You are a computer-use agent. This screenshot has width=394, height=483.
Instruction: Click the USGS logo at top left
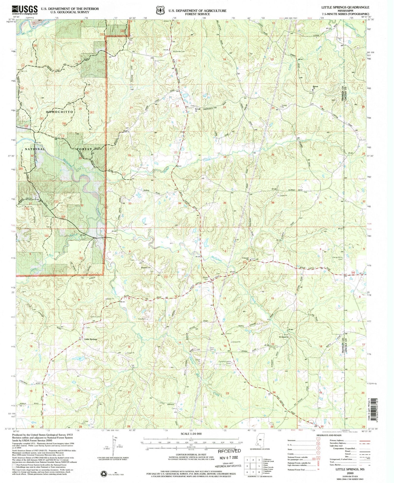(25, 10)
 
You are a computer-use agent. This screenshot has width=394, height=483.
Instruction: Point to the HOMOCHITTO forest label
(60, 112)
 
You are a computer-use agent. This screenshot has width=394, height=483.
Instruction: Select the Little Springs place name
(91, 339)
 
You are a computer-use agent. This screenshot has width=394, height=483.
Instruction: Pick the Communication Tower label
(225, 363)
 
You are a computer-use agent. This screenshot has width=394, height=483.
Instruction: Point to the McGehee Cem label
(179, 51)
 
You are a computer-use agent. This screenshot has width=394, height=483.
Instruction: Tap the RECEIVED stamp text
(229, 451)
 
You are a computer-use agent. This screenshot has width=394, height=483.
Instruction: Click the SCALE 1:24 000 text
(191, 434)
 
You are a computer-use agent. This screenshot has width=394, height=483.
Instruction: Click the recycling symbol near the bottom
(103, 474)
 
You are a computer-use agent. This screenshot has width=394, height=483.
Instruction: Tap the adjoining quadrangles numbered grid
(253, 466)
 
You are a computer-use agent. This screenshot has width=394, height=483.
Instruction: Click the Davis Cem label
(212, 348)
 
